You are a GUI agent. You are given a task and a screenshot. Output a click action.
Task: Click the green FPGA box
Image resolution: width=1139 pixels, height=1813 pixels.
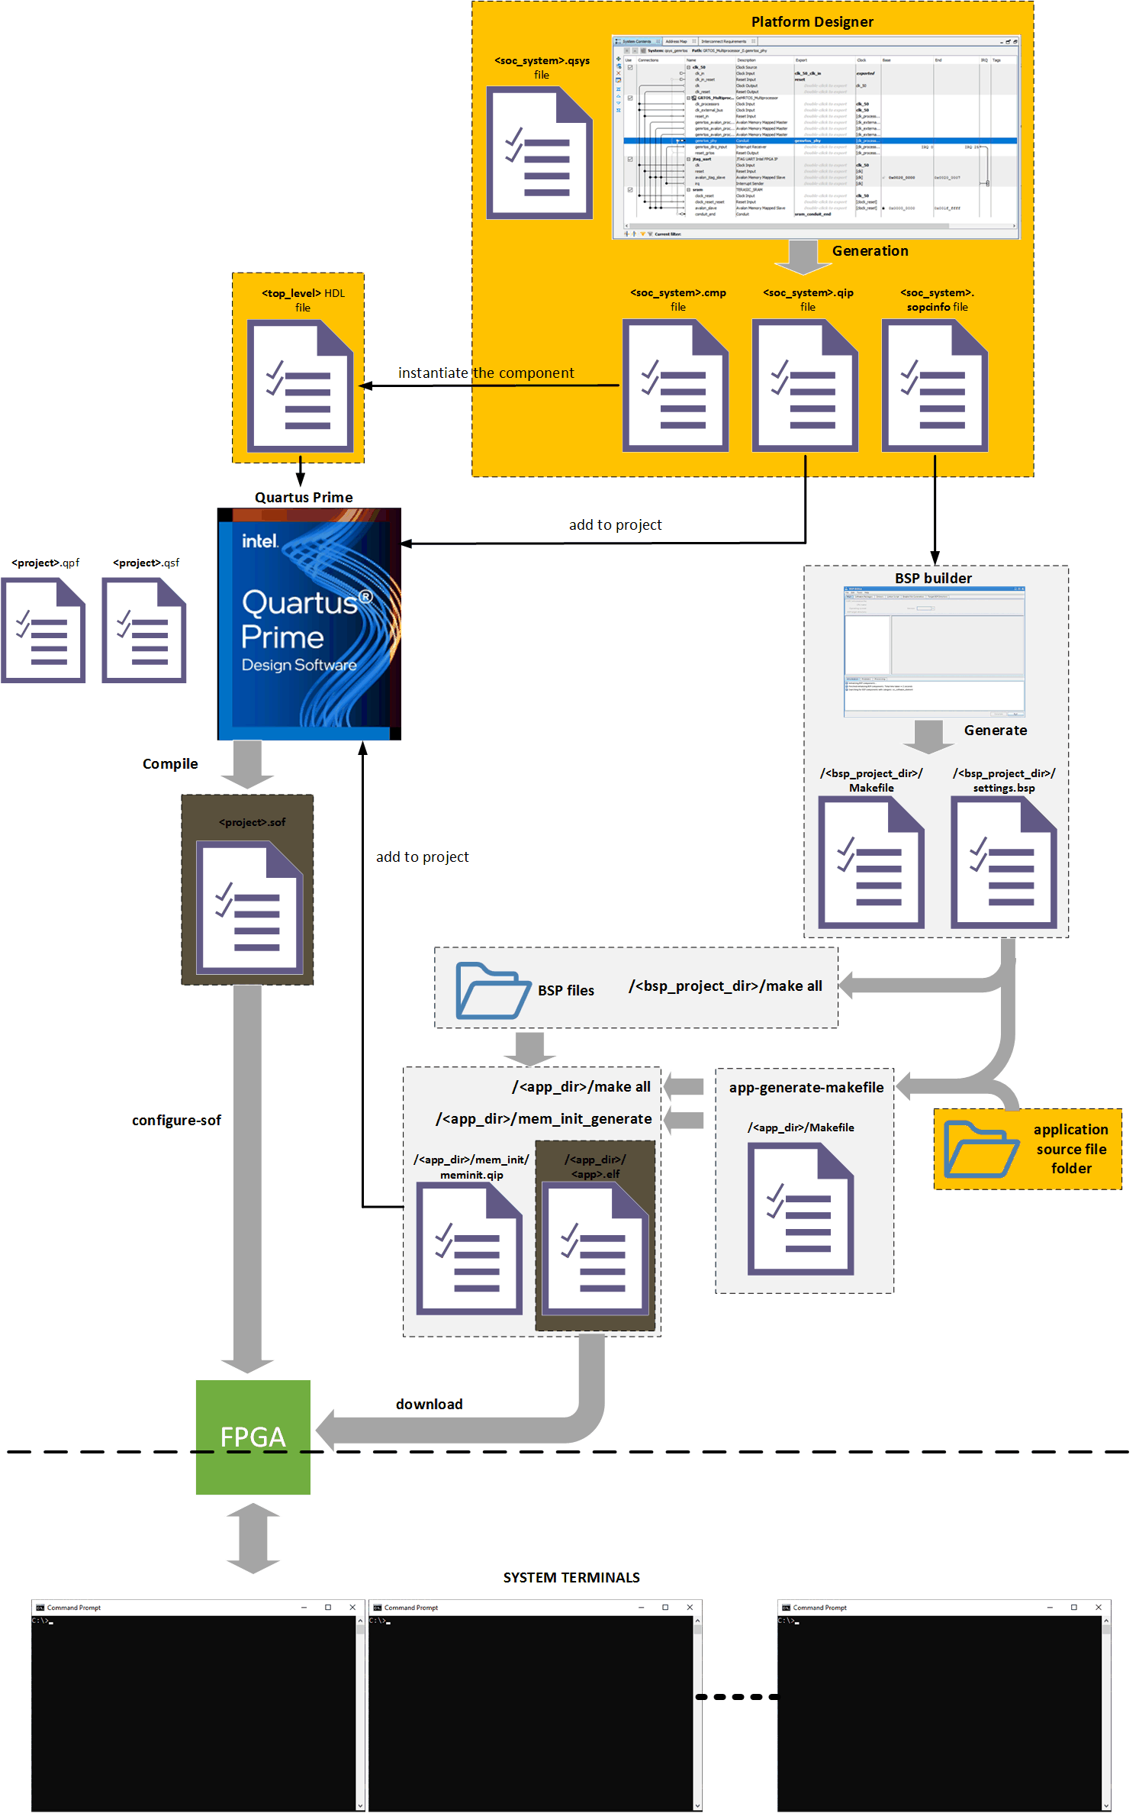(253, 1437)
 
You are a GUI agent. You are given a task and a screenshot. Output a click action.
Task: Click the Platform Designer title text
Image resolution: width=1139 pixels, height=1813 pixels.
(812, 22)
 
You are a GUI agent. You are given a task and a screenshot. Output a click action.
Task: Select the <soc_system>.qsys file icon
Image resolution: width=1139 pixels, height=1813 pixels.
(539, 153)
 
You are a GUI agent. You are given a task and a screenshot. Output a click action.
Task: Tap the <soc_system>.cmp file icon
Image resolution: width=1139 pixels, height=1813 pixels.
(675, 386)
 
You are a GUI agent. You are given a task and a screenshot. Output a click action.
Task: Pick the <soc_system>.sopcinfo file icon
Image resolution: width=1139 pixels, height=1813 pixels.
(935, 386)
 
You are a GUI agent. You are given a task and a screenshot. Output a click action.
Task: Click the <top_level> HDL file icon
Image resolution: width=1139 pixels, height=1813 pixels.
(300, 386)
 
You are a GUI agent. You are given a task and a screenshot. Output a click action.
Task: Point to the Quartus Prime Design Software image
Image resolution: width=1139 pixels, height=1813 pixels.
(309, 624)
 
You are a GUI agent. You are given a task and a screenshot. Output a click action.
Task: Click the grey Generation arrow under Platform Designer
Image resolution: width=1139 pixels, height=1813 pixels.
(803, 256)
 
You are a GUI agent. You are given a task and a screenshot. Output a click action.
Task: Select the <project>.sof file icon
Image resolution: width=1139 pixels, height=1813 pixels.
(249, 907)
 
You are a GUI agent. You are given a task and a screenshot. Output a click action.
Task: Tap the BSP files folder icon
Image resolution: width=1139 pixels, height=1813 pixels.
(493, 990)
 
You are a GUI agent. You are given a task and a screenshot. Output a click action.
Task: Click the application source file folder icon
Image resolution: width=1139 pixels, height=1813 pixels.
(981, 1149)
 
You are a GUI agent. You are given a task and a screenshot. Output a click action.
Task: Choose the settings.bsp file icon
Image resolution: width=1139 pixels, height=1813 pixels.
(1003, 863)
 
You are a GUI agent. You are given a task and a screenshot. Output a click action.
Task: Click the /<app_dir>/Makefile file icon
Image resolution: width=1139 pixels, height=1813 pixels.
(800, 1209)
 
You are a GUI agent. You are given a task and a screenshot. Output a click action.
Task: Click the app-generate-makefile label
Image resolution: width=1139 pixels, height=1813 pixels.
(806, 1088)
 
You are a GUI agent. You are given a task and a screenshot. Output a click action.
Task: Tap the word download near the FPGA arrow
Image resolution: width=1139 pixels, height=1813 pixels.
(428, 1405)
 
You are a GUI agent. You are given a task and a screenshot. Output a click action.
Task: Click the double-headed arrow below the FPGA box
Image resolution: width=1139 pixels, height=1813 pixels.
(253, 1538)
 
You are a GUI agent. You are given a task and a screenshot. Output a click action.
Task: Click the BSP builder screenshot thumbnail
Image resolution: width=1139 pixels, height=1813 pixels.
(934, 652)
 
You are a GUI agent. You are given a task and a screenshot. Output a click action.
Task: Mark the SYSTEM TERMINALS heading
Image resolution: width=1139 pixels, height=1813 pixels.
(571, 1578)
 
